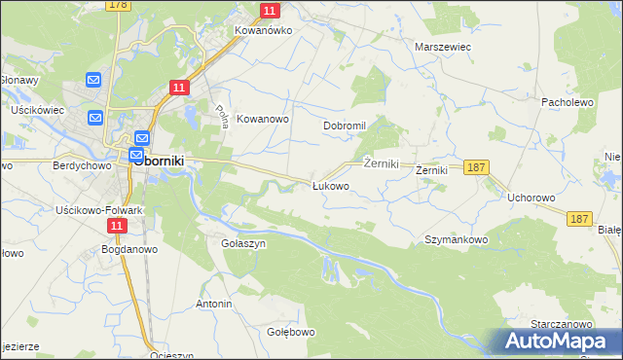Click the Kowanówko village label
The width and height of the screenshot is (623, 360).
[263, 30]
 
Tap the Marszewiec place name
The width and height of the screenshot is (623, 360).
[443, 46]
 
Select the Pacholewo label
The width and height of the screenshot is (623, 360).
[567, 101]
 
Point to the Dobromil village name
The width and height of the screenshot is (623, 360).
[344, 126]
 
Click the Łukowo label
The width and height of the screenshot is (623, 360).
[330, 185]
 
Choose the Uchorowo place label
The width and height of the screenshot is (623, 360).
[531, 198]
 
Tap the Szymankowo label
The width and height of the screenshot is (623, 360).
[456, 238]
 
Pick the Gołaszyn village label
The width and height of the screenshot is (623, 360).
[243, 243]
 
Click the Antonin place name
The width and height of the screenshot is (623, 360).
[214, 305]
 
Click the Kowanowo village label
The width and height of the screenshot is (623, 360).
[264, 119]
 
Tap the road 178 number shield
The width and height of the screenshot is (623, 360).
[119, 5]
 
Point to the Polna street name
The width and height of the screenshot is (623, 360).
[221, 117]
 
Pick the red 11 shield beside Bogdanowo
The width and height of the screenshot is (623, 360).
[118, 226]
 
